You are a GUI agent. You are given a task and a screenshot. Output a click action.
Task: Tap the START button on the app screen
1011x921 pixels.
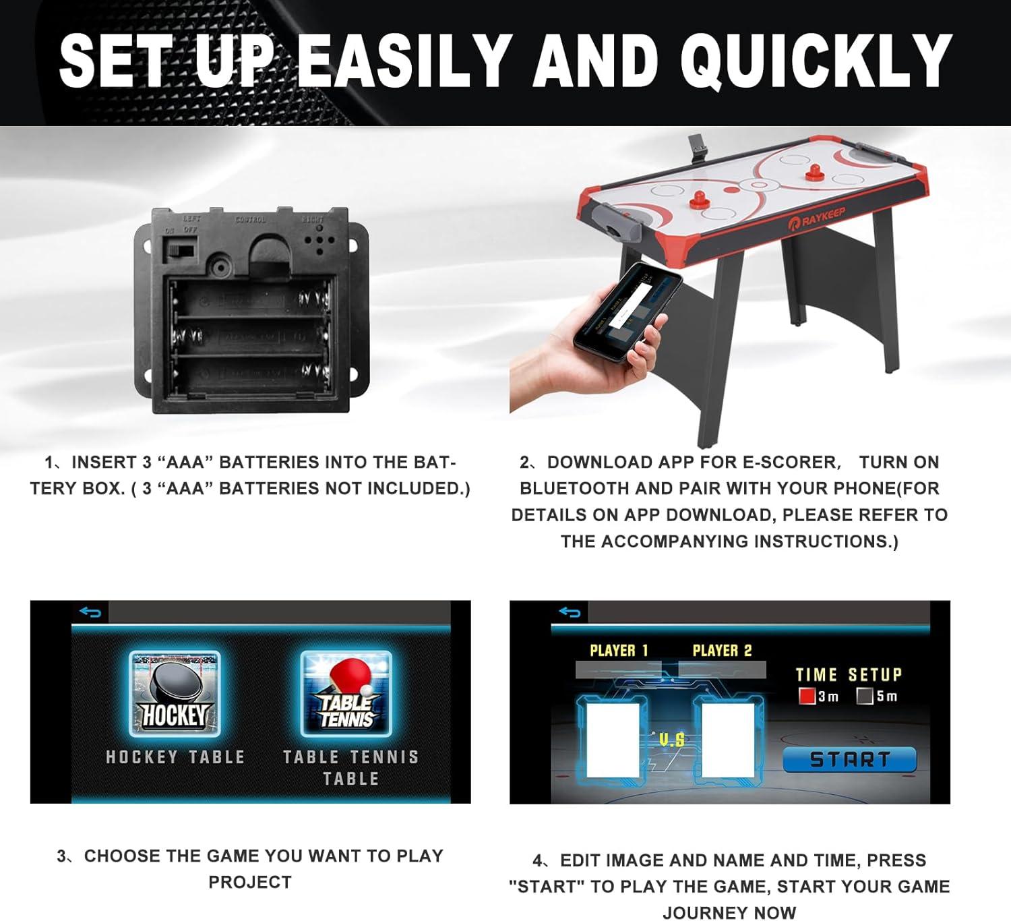click(x=849, y=760)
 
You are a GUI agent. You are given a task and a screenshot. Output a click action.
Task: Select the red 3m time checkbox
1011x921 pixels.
click(x=807, y=696)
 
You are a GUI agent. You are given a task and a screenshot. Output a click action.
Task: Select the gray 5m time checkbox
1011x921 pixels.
click(x=865, y=696)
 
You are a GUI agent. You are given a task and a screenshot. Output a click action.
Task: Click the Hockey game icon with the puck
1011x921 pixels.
click(x=175, y=694)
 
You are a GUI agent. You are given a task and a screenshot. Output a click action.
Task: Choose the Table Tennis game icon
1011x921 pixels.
click(x=346, y=694)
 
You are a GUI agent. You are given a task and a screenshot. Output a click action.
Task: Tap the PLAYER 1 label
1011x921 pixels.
click(x=619, y=651)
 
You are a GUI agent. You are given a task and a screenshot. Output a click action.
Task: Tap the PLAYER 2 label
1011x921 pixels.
click(x=722, y=651)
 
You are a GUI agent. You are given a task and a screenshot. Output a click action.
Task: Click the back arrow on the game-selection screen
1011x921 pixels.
click(x=90, y=612)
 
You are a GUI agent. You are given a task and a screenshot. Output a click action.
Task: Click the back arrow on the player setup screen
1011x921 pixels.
click(x=570, y=612)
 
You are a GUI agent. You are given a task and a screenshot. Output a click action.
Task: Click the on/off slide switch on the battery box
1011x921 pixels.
click(x=181, y=251)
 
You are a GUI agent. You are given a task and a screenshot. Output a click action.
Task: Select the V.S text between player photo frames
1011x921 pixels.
click(x=671, y=740)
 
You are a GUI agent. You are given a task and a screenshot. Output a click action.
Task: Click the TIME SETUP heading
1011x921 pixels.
click(x=849, y=675)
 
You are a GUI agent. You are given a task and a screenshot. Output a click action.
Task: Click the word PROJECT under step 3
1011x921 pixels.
click(x=250, y=882)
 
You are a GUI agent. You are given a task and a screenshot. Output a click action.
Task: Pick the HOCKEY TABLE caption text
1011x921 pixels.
click(x=175, y=757)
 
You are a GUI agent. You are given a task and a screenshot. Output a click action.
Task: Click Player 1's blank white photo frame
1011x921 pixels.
click(x=613, y=740)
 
